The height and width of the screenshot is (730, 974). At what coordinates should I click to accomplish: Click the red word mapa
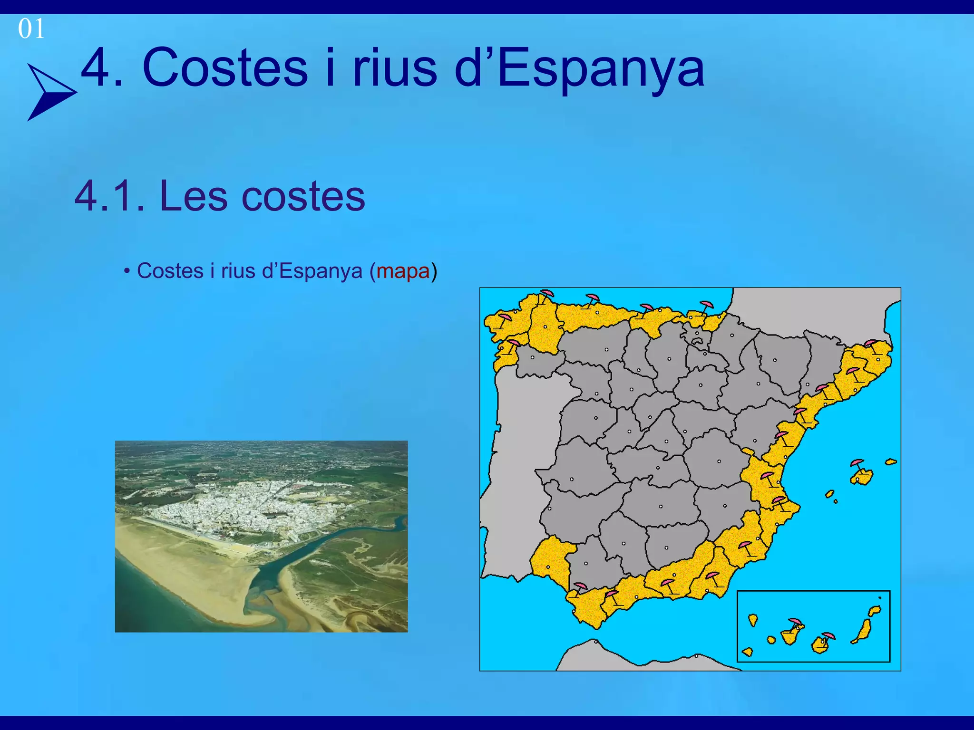pos(403,271)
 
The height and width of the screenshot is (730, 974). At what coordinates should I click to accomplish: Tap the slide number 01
pos(31,29)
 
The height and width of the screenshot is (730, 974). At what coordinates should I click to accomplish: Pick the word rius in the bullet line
pos(238,271)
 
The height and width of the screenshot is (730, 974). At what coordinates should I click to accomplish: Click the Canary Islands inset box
pos(813,626)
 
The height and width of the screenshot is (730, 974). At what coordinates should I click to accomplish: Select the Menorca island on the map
pos(891,461)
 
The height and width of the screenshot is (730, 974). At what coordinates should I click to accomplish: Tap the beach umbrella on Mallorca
pos(857,464)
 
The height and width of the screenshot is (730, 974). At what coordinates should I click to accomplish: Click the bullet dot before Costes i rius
pos(127,272)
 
